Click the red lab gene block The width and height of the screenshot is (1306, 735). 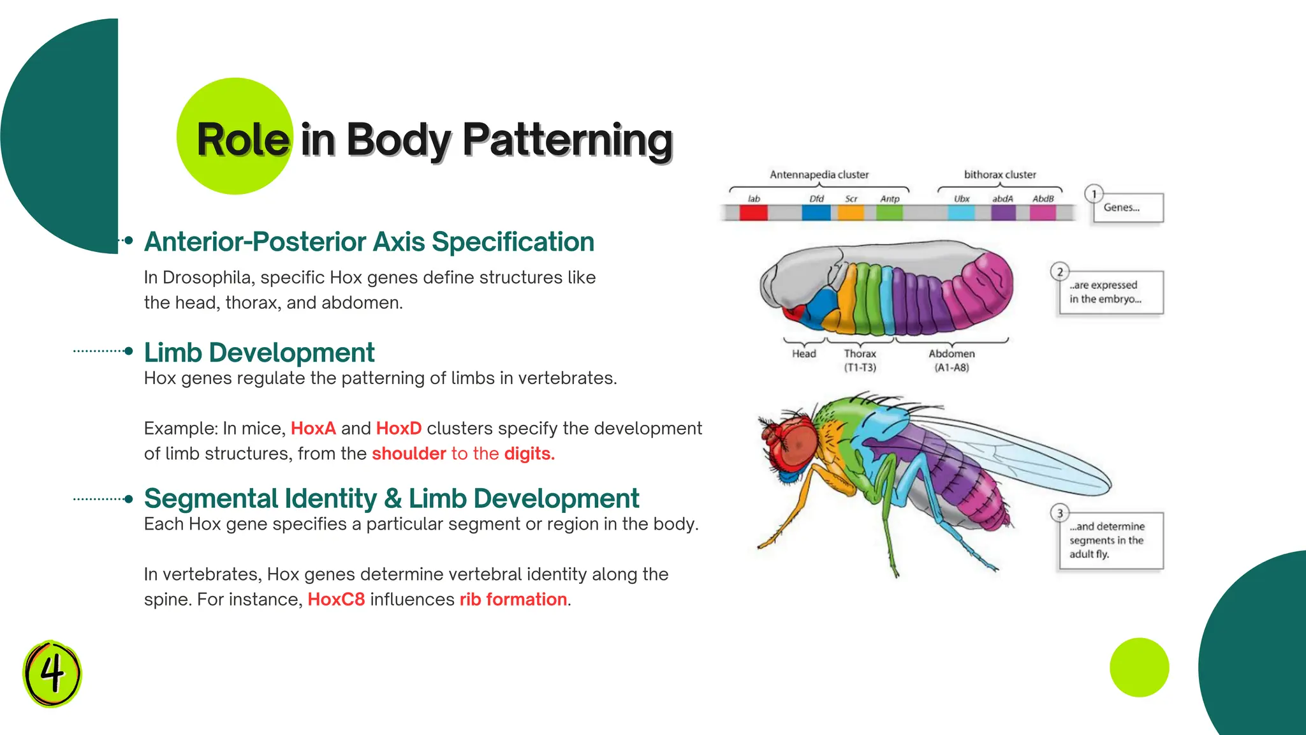click(x=753, y=212)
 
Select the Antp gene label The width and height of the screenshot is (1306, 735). click(x=890, y=199)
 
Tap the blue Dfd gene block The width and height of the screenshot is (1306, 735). click(x=816, y=212)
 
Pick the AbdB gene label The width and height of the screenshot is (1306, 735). click(x=1043, y=199)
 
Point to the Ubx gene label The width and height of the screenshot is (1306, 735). click(x=962, y=199)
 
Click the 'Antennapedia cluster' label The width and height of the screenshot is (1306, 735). click(x=819, y=175)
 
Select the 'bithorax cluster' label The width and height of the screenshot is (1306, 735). click(x=1000, y=175)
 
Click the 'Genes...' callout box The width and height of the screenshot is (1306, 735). click(x=1127, y=208)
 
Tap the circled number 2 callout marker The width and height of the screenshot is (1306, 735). click(x=1060, y=272)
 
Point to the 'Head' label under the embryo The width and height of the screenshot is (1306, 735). click(x=804, y=353)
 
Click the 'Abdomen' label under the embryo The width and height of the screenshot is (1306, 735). click(x=951, y=353)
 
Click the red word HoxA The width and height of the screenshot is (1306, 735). click(x=313, y=428)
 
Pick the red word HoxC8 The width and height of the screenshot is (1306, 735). click(x=336, y=600)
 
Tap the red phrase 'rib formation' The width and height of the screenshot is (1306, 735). click(x=513, y=600)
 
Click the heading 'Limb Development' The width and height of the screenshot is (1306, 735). click(x=259, y=353)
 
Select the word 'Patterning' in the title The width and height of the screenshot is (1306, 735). click(x=568, y=140)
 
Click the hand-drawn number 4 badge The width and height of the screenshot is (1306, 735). click(x=52, y=673)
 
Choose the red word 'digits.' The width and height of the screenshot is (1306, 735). click(x=529, y=454)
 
